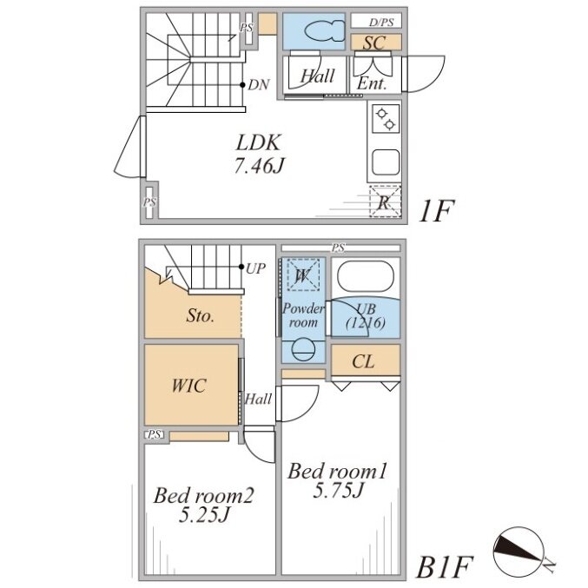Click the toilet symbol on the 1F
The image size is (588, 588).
click(325, 30)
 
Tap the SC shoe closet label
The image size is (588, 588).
click(373, 43)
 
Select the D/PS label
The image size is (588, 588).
click(381, 22)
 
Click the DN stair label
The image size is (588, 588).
click(258, 85)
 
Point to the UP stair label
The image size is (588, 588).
click(255, 268)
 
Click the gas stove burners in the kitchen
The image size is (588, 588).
click(386, 118)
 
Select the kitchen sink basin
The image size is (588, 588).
click(386, 162)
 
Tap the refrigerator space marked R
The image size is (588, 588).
click(385, 202)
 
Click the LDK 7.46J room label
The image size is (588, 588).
click(258, 154)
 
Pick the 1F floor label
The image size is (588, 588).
click(437, 211)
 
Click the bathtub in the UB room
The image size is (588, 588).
click(366, 275)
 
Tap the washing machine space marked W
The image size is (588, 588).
click(303, 274)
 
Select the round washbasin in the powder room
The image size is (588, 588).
click(303, 350)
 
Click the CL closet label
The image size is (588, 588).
click(363, 362)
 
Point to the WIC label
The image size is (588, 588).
click(188, 386)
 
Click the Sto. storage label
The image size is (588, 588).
click(201, 316)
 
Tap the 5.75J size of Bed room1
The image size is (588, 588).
click(339, 490)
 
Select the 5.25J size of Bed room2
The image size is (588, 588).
click(203, 514)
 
